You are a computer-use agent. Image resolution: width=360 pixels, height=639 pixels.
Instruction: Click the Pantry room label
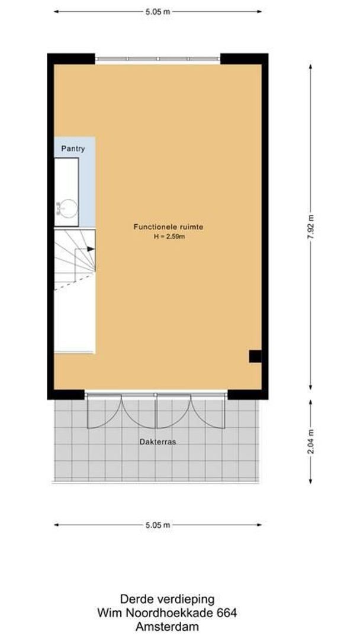pyautogui.click(x=72, y=149)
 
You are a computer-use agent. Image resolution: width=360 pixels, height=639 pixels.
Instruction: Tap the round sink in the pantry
pyautogui.click(x=69, y=208)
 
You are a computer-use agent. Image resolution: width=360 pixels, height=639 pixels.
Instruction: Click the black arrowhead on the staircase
pyautogui.click(x=90, y=249)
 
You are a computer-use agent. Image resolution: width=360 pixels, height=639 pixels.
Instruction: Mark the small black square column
pyautogui.click(x=255, y=356)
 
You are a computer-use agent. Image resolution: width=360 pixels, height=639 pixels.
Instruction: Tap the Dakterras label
pyautogui.click(x=157, y=441)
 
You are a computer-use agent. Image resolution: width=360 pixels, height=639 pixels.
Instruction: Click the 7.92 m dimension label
pyautogui.click(x=310, y=227)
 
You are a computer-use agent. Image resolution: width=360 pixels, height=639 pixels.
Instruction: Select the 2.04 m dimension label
pyautogui.click(x=310, y=440)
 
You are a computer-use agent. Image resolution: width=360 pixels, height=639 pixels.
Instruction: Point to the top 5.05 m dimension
pyautogui.click(x=158, y=11)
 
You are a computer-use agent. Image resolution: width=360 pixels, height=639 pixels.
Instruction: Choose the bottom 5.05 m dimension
pyautogui.click(x=158, y=524)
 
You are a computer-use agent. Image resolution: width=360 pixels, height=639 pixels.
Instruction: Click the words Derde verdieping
pyautogui.click(x=167, y=599)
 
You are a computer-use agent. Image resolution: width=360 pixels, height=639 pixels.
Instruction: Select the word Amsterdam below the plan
pyautogui.click(x=167, y=627)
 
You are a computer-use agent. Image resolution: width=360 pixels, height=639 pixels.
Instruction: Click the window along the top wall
pyautogui.click(x=157, y=59)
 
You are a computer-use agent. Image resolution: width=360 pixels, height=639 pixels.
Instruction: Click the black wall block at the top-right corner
pyautogui.click(x=244, y=59)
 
